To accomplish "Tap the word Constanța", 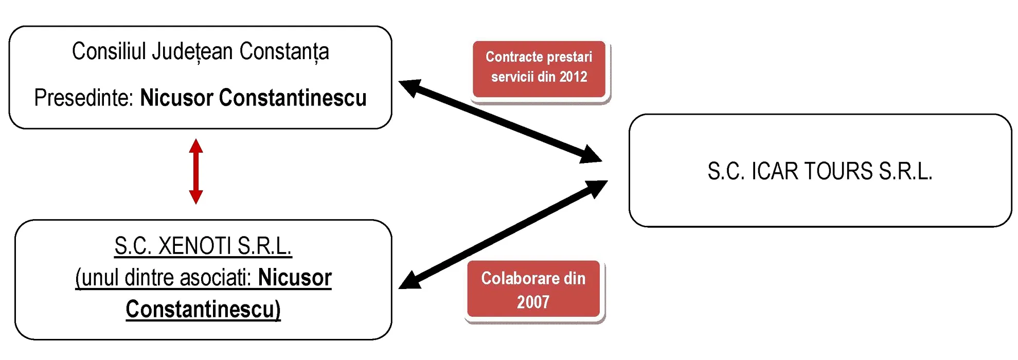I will pos(284,52).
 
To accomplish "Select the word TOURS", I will pos(838,171).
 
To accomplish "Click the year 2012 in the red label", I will pos(573,77).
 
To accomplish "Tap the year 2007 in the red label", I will pos(533,302).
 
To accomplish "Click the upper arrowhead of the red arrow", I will pos(196,146).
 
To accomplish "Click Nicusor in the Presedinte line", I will pos(176,98).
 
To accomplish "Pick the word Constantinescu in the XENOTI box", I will pos(203,309).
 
